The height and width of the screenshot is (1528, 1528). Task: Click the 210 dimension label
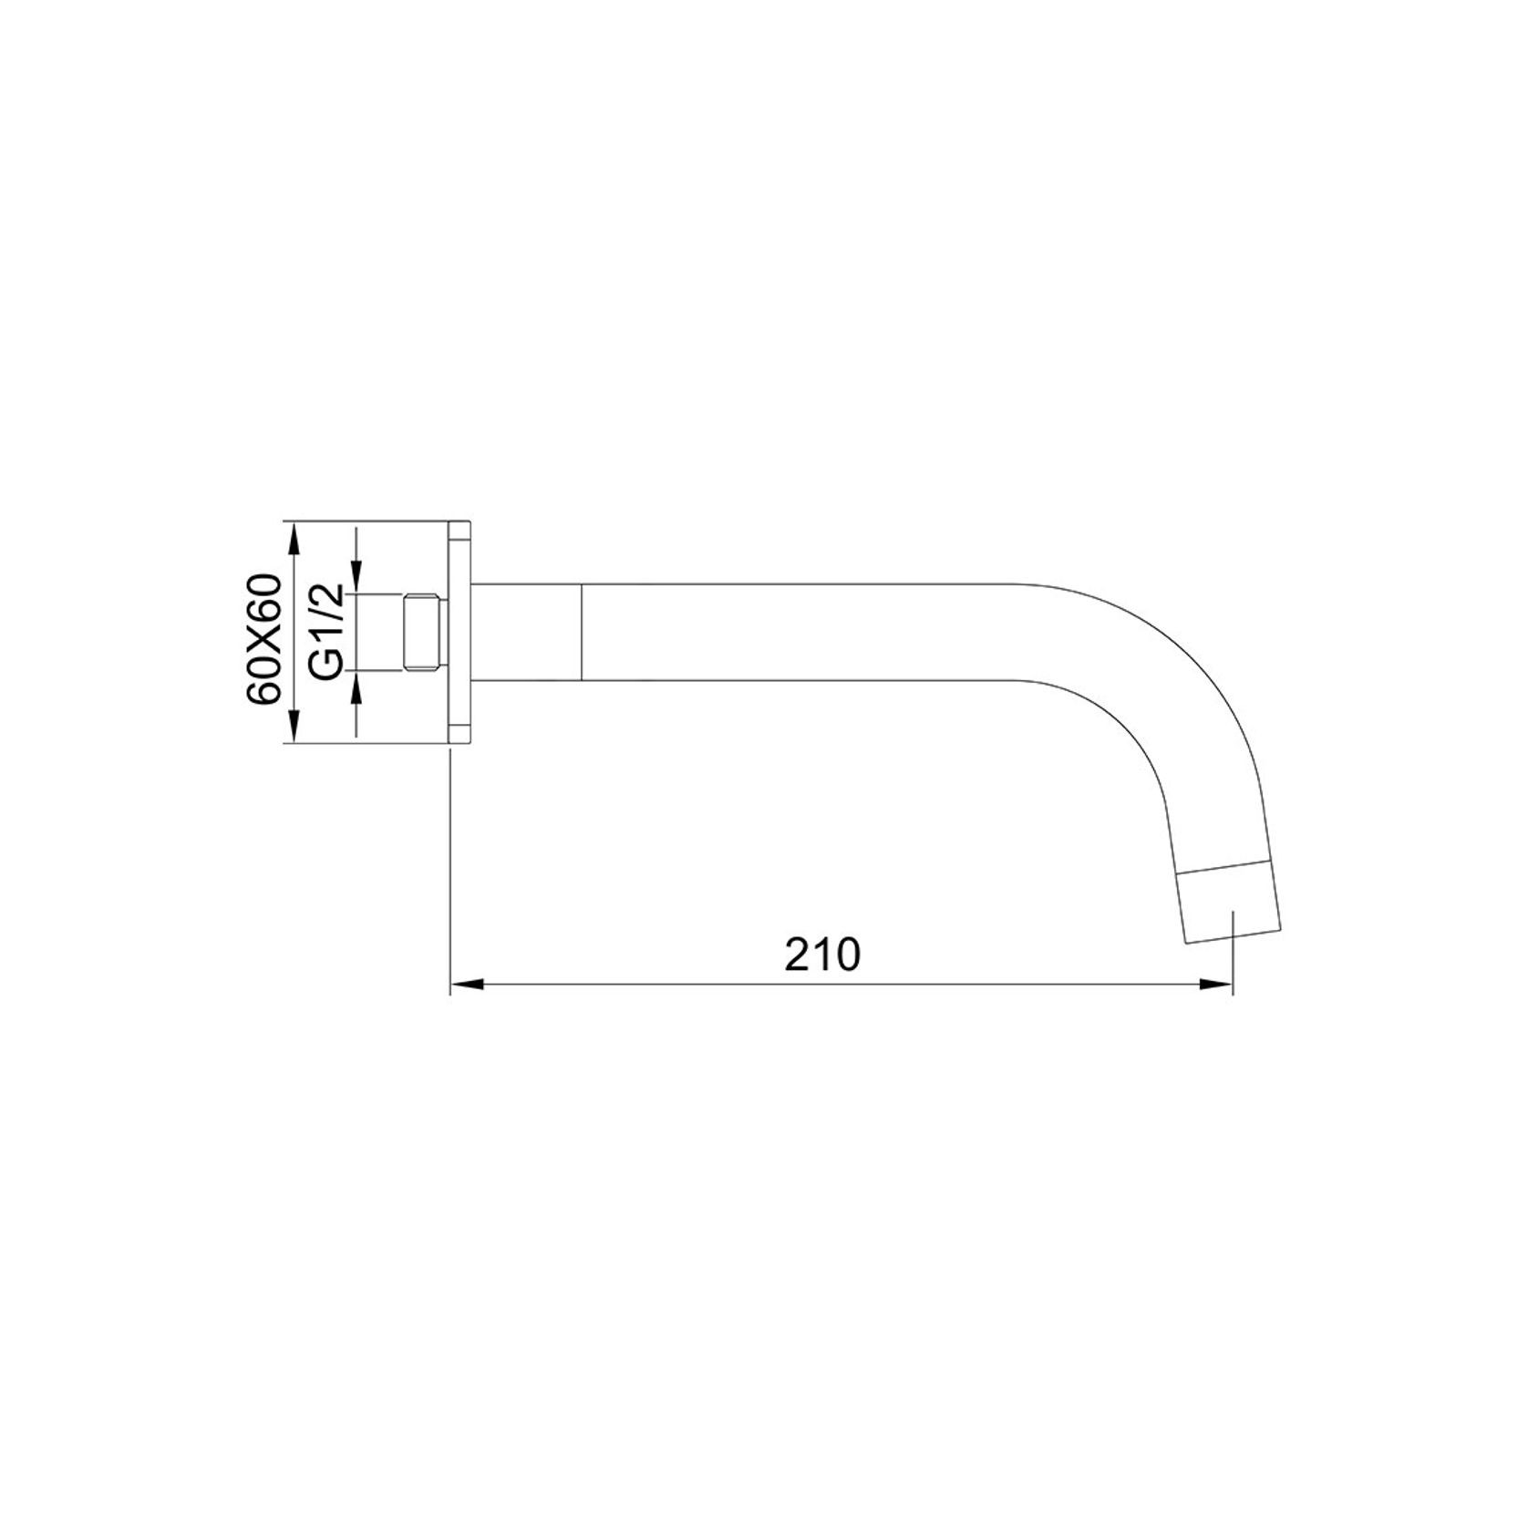pos(822,955)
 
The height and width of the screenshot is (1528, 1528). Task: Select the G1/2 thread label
pos(326,631)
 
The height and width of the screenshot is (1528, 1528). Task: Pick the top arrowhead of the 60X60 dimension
pos(293,538)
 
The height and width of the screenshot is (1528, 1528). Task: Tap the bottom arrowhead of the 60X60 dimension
pos(293,729)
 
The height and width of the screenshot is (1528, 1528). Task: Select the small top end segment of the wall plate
pos(460,532)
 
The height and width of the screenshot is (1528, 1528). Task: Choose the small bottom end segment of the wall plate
pos(460,736)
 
